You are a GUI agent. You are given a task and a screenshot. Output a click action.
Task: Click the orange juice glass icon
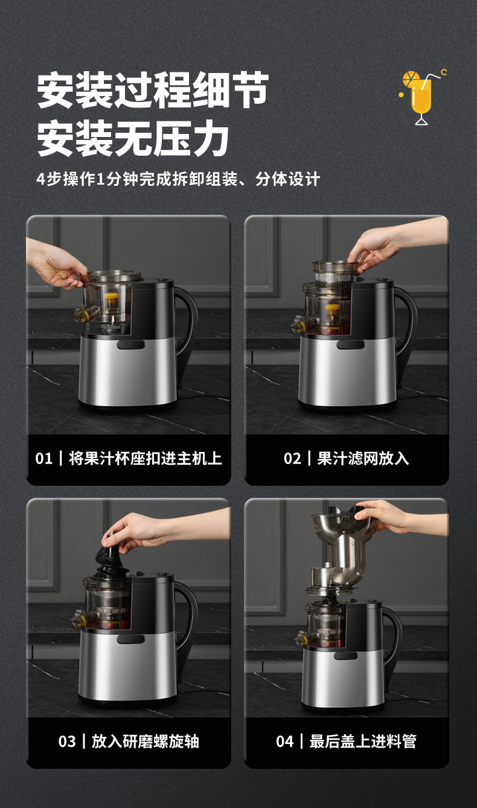tap(421, 97)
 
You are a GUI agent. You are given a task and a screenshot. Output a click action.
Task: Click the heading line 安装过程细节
tap(153, 91)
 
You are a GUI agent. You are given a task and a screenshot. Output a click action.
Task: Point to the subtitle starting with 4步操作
tap(178, 179)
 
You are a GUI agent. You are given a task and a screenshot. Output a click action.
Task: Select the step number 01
tap(44, 459)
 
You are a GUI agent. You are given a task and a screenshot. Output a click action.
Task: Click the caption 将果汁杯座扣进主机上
tap(145, 459)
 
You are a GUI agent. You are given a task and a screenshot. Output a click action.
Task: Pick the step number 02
tap(292, 459)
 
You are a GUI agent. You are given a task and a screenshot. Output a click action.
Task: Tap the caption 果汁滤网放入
tap(363, 459)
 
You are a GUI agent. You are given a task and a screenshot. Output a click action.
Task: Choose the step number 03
tap(67, 742)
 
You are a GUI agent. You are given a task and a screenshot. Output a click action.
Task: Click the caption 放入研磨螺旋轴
tap(145, 742)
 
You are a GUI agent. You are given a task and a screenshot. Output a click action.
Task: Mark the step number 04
tap(284, 742)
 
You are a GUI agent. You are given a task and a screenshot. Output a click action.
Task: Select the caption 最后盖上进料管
tap(363, 742)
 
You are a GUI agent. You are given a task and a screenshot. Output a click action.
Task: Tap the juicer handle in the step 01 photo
tap(187, 326)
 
